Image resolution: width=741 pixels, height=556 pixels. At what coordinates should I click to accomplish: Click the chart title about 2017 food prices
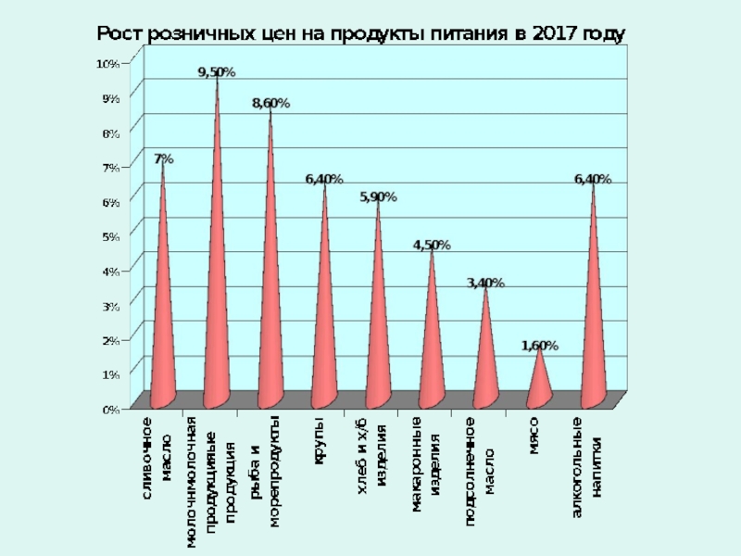pyautogui.click(x=363, y=33)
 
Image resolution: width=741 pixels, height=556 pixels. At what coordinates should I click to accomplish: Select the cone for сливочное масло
pyautogui.click(x=163, y=324)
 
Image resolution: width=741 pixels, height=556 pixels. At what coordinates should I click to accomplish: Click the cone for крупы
pyautogui.click(x=324, y=334)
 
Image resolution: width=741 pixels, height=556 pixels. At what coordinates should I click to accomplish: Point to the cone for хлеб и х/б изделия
pyautogui.click(x=378, y=343)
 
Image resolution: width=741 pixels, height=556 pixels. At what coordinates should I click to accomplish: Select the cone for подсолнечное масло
pyautogui.click(x=485, y=366)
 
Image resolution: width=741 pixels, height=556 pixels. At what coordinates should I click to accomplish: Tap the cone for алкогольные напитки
pyautogui.click(x=593, y=334)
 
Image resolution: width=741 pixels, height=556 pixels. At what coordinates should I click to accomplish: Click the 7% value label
pyautogui.click(x=163, y=159)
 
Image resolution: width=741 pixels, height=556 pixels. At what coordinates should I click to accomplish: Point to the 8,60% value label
pyautogui.click(x=270, y=104)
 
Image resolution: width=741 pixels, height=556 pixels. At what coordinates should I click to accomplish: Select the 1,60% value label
pyautogui.click(x=540, y=346)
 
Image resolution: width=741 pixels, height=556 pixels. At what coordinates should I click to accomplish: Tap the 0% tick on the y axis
pyautogui.click(x=110, y=408)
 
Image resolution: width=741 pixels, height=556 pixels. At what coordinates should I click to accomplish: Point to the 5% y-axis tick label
pyautogui.click(x=110, y=236)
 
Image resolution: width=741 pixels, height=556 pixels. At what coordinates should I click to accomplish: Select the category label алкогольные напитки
pyautogui.click(x=585, y=469)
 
